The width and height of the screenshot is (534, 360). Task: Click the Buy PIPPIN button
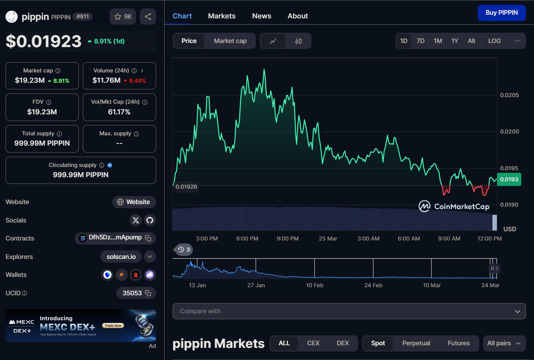pos(501,13)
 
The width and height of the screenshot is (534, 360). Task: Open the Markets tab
pos(222,16)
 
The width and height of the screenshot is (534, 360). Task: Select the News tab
pos(261,16)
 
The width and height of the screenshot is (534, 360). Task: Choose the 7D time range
pos(420,41)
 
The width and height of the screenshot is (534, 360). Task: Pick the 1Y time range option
pos(455,41)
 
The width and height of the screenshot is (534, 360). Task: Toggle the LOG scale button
pos(494,41)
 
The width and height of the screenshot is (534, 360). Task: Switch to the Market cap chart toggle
pos(230,41)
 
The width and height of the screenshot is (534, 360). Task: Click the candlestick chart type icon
pos(298,41)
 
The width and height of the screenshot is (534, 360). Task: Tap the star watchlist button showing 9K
pos(123,17)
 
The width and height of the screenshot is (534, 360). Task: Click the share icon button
pos(148,17)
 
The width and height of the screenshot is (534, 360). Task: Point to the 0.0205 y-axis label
pos(509,95)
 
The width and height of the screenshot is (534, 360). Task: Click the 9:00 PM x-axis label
pos(287,239)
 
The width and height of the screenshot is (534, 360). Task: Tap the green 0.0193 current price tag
pos(509,179)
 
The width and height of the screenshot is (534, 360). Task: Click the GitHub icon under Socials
pos(150,220)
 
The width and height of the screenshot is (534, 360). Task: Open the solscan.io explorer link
pos(121,257)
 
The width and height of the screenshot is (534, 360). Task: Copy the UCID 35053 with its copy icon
pos(148,293)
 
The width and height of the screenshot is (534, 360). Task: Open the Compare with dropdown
pos(349,311)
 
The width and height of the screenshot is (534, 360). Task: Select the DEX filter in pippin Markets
pos(343,343)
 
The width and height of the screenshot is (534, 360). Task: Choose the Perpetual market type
pos(416,343)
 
